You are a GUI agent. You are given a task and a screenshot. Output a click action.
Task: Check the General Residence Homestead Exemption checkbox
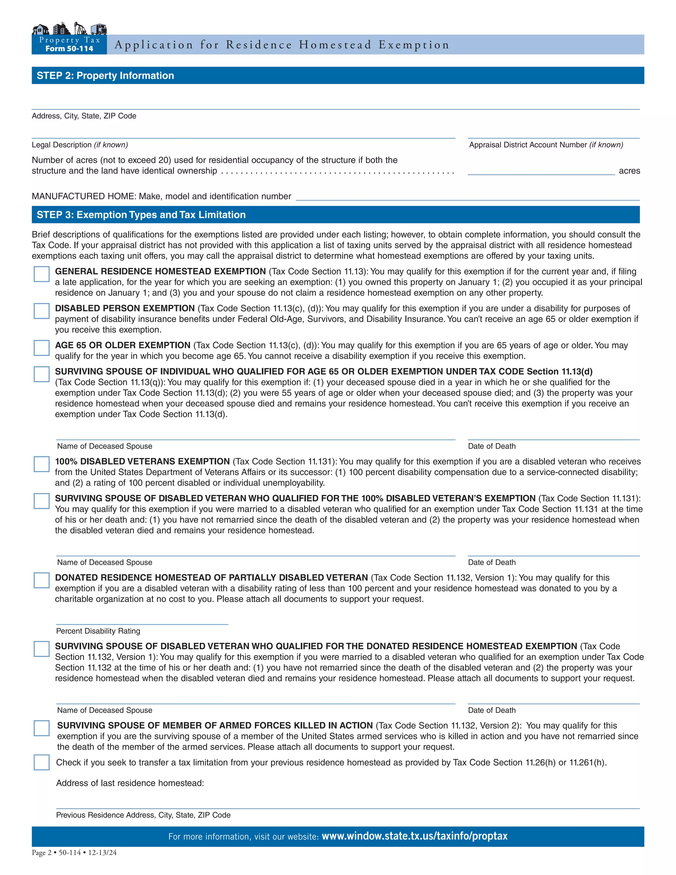[x=42, y=274]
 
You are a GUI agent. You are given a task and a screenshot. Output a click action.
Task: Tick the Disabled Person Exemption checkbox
[x=42, y=311]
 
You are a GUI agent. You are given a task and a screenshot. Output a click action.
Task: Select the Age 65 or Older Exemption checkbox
[x=42, y=348]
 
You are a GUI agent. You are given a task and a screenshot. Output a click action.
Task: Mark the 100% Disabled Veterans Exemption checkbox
[x=42, y=464]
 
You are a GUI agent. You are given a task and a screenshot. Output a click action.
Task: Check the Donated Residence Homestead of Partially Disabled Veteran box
[x=42, y=580]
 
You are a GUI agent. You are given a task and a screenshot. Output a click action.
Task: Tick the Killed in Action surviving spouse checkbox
[x=42, y=728]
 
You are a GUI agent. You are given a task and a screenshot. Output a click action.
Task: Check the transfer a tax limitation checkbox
[x=42, y=762]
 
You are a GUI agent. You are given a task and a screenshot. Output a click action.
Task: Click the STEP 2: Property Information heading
[x=105, y=76]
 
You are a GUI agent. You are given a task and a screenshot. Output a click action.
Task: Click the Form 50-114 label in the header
[x=69, y=49]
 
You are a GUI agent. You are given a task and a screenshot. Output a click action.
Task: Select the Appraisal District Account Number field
[x=554, y=134]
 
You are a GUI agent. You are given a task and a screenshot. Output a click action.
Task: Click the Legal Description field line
[x=244, y=134]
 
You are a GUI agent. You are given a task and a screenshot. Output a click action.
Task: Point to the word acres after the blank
[x=629, y=171]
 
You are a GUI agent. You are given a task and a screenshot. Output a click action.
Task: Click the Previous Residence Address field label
[x=143, y=815]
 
